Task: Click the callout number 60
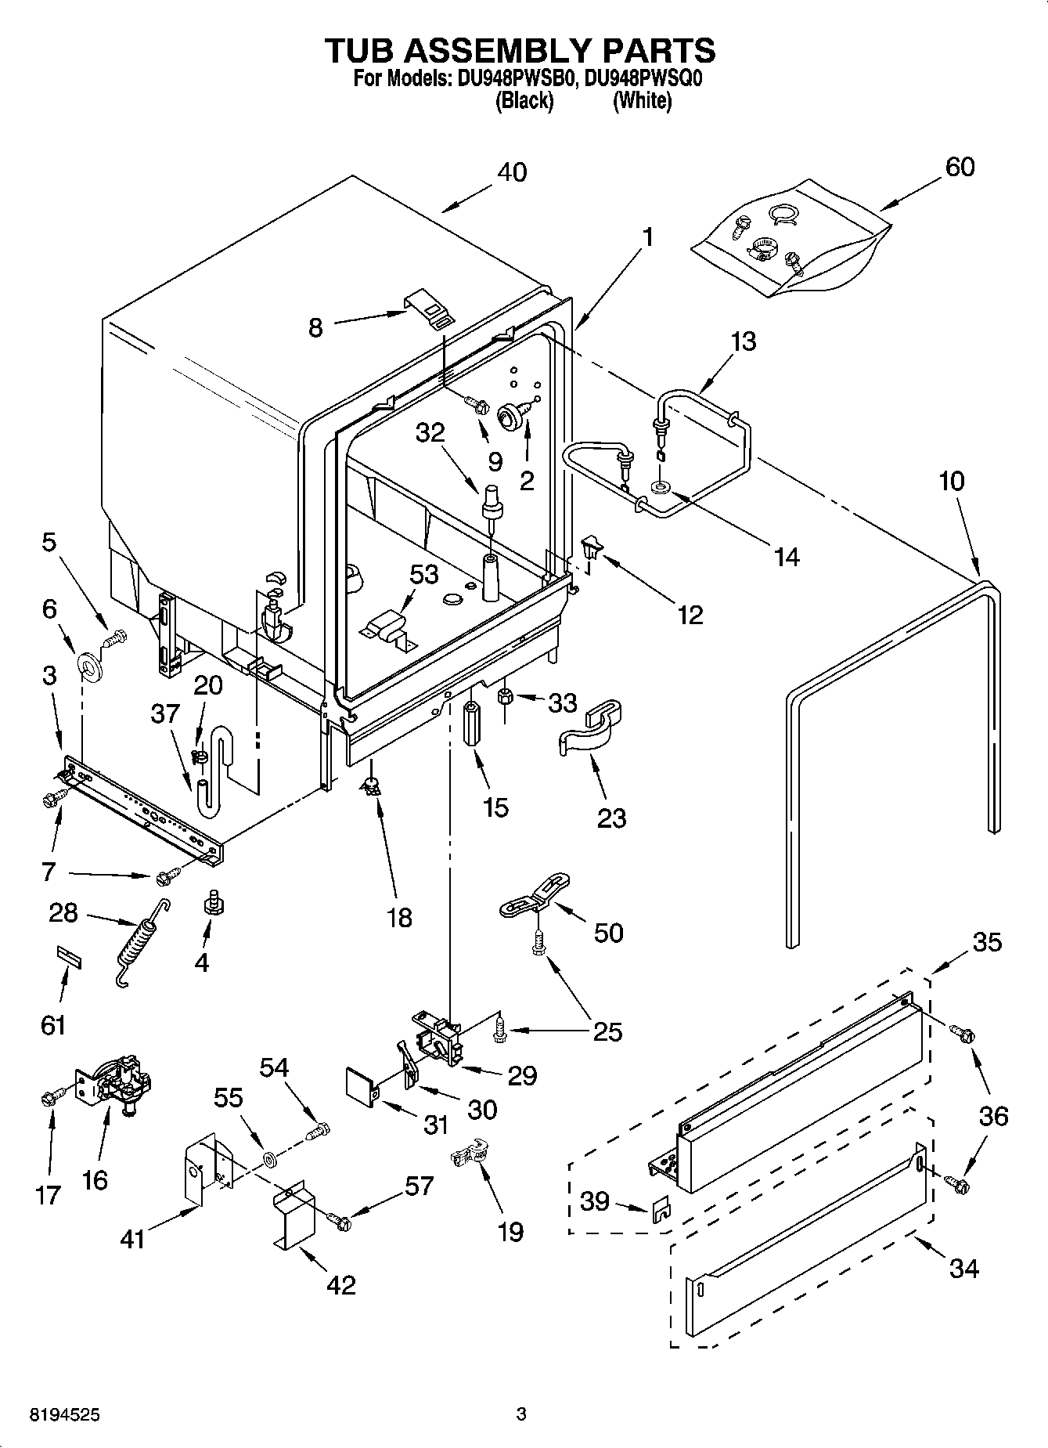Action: click(960, 167)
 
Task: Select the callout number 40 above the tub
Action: click(513, 172)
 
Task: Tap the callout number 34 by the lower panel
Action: click(963, 1268)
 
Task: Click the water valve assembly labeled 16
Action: click(117, 1082)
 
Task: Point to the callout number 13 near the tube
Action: click(744, 341)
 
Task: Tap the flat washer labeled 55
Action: click(268, 1158)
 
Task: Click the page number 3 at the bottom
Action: click(520, 1414)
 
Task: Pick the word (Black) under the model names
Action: click(524, 101)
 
